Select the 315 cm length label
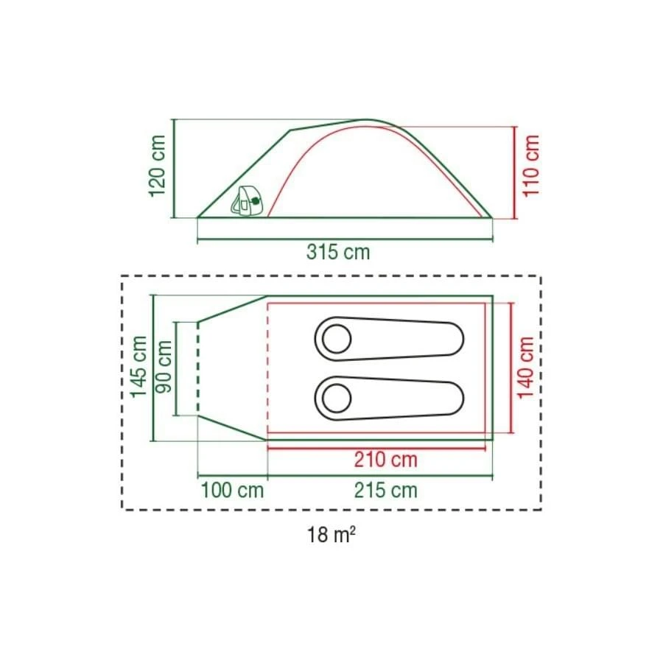(x=338, y=252)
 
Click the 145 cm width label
(x=138, y=366)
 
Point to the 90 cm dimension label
(x=164, y=366)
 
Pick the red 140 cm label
(x=526, y=367)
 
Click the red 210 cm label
(x=385, y=460)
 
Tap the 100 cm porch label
(x=232, y=490)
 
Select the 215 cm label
(x=385, y=490)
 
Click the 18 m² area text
(x=332, y=534)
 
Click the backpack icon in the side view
(x=248, y=201)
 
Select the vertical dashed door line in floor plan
(x=197, y=368)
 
